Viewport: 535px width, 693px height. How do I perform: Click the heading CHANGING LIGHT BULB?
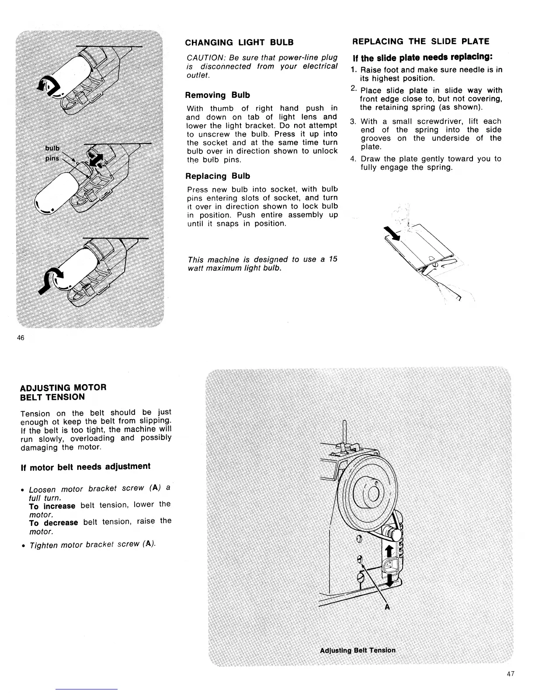239,42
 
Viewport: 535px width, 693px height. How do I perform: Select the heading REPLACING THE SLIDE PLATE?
420,42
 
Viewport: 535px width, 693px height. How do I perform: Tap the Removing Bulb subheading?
217,95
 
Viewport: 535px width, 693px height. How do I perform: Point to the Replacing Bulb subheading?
218,176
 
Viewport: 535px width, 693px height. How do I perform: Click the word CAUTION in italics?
204,58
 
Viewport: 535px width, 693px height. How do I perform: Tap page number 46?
20,337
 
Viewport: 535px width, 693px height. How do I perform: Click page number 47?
511,674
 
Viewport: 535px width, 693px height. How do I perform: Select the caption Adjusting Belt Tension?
358,650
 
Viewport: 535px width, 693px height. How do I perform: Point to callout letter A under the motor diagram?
387,607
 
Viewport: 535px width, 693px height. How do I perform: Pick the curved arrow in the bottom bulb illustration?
49,280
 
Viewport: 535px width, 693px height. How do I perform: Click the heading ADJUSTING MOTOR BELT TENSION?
63,392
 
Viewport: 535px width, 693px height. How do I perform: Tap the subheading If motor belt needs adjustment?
85,466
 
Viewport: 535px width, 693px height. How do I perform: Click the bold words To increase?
52,506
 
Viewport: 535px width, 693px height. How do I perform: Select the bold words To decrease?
53,522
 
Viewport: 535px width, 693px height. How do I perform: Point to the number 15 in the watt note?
333,259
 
